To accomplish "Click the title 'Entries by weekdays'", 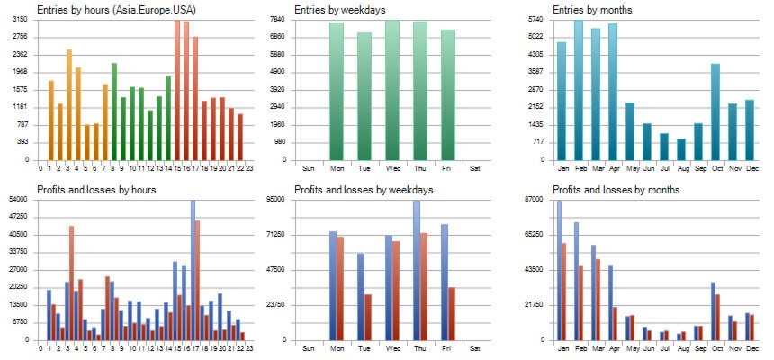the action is [339, 10].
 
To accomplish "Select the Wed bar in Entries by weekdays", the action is [392, 90].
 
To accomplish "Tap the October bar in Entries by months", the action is [715, 112].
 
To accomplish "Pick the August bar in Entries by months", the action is [681, 149].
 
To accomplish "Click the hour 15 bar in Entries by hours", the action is [177, 90].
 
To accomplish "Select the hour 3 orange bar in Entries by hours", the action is [69, 104].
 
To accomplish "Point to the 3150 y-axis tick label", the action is [20, 19].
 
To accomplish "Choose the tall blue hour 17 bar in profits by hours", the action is [193, 270].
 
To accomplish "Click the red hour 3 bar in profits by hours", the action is [72, 283].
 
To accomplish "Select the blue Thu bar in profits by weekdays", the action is [417, 271].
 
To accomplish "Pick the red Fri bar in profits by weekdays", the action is [452, 314].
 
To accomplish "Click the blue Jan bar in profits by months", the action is [559, 271].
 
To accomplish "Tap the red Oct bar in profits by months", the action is [718, 318].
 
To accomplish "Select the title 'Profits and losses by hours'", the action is [96, 190].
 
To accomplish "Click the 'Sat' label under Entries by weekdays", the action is [475, 168].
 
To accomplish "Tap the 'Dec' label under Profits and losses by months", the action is [752, 348].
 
